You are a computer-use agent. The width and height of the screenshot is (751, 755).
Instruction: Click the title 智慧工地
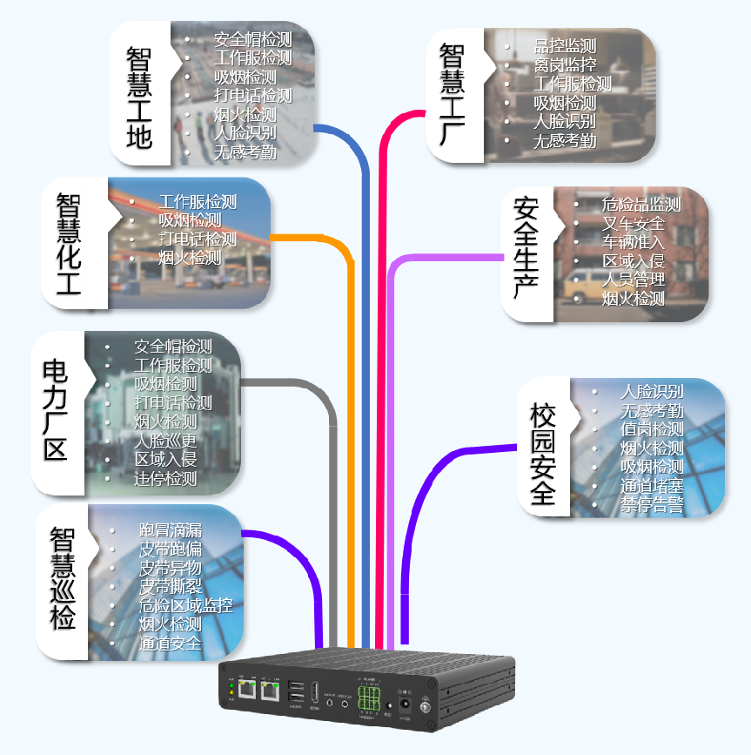[x=138, y=97]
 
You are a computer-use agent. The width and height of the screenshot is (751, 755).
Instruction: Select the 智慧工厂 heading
[x=452, y=97]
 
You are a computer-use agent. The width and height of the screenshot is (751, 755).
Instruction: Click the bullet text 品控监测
[x=565, y=46]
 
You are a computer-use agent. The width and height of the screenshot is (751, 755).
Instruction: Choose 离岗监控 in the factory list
[x=565, y=65]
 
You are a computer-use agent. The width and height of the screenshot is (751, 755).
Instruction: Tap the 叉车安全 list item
[x=633, y=224]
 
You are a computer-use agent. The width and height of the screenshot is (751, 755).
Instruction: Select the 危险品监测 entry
[x=640, y=205]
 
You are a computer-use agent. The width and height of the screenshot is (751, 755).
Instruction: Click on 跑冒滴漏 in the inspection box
[x=171, y=529]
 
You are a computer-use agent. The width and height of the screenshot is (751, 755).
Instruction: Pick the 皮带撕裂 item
[x=171, y=586]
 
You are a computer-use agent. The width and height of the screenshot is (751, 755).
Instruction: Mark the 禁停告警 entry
[x=652, y=506]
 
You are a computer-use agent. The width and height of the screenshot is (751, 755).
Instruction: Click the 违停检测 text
[x=165, y=478]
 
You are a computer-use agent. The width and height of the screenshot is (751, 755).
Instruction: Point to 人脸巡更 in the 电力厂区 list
[x=165, y=441]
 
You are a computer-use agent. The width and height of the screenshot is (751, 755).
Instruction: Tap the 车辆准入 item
[x=633, y=242]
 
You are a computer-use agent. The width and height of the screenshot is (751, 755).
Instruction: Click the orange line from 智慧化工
[x=351, y=435]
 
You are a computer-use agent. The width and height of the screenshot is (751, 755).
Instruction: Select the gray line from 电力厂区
[x=333, y=522]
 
